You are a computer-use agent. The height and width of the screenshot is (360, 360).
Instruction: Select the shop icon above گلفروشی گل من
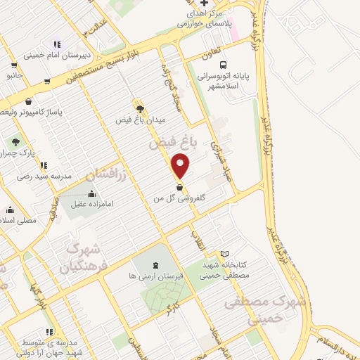click(x=181, y=188)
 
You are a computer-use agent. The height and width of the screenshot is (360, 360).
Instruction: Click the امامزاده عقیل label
click(x=91, y=205)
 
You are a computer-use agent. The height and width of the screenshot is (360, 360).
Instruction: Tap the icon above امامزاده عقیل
click(x=91, y=194)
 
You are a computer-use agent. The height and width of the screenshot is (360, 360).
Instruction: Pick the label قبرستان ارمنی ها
click(x=155, y=276)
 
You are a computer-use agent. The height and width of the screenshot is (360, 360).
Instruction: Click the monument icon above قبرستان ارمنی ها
click(x=155, y=264)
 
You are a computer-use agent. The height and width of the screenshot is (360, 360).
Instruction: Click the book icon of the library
click(x=224, y=254)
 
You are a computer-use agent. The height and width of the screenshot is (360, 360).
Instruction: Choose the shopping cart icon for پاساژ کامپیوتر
click(x=28, y=101)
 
